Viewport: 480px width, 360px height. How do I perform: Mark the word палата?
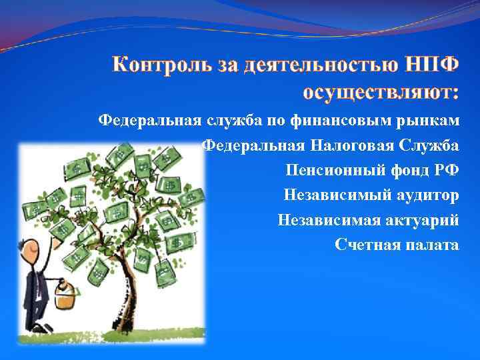tap(431, 245)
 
